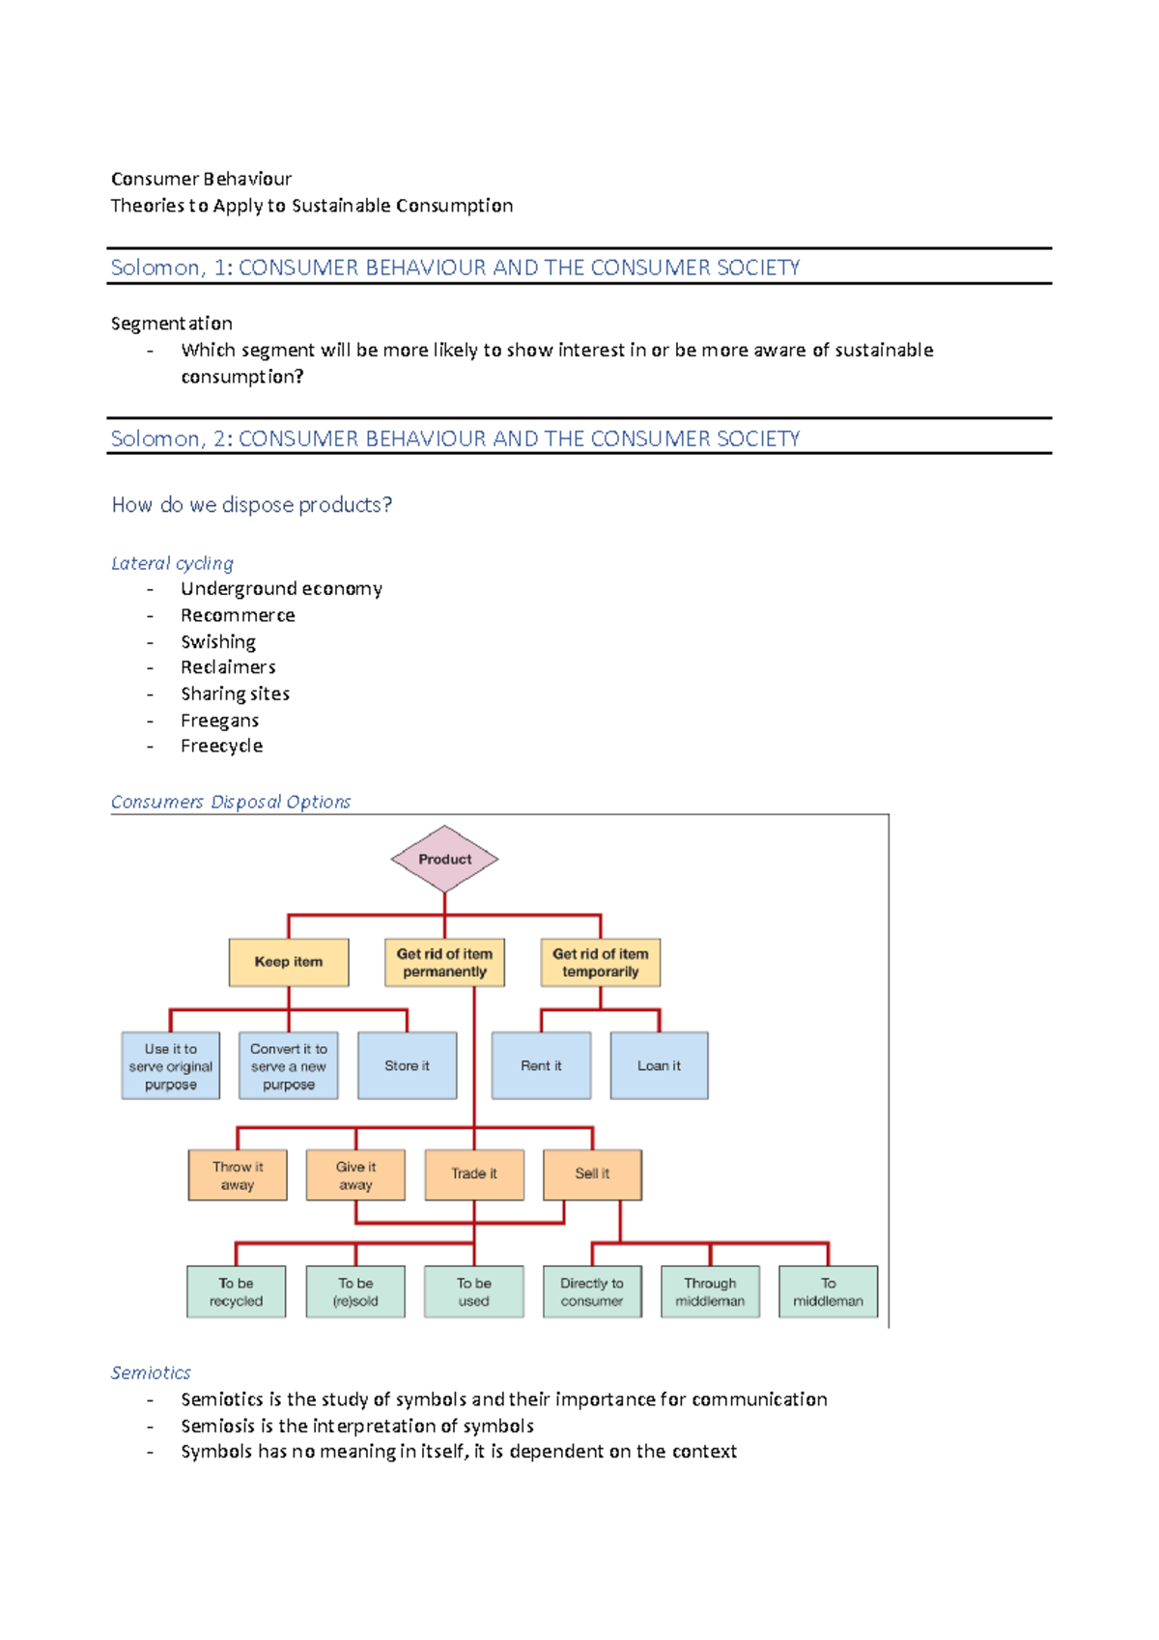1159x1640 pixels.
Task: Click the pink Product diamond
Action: click(x=444, y=859)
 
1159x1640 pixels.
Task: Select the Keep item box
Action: click(x=289, y=962)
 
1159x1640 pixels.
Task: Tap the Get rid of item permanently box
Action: click(x=444, y=962)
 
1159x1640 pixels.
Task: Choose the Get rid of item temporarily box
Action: click(x=600, y=962)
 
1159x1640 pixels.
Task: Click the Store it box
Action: click(x=407, y=1065)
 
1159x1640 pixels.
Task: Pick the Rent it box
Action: click(x=541, y=1065)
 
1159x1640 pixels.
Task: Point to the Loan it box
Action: click(x=659, y=1065)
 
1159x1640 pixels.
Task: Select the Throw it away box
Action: click(x=238, y=1174)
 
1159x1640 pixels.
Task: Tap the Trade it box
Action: click(x=474, y=1174)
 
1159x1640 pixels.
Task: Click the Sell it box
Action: click(x=592, y=1174)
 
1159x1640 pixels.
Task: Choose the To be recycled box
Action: click(x=237, y=1292)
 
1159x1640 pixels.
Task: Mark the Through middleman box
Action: click(x=710, y=1292)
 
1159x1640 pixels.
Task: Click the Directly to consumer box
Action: click(x=592, y=1292)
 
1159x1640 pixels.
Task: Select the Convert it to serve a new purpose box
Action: click(x=289, y=1065)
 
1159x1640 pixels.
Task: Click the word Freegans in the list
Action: click(x=219, y=721)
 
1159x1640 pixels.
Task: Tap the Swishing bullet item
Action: click(x=218, y=642)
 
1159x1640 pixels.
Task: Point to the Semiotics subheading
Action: click(x=151, y=1372)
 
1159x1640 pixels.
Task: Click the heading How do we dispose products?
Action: click(x=252, y=505)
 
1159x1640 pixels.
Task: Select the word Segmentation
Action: click(x=172, y=324)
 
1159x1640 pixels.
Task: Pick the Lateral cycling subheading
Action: click(x=172, y=563)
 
